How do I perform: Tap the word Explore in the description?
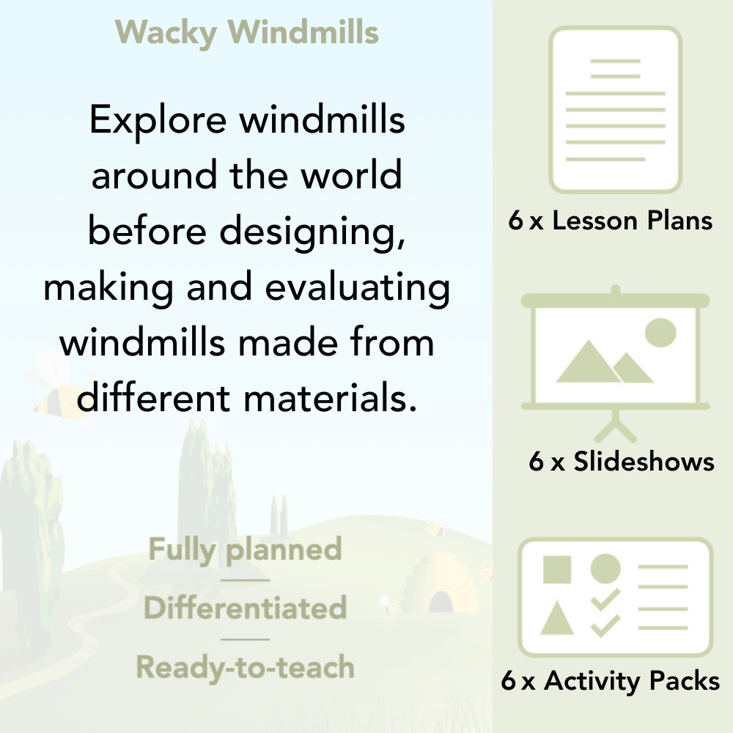(x=156, y=119)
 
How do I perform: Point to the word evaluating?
(x=358, y=287)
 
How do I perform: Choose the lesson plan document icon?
(x=616, y=110)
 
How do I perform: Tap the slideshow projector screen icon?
(x=616, y=352)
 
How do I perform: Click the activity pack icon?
(x=616, y=597)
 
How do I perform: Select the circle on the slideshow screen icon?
(x=660, y=332)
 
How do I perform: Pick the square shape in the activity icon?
(x=557, y=569)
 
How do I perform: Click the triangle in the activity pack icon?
(x=557, y=619)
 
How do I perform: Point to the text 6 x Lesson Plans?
(x=611, y=221)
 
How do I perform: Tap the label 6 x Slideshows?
(x=621, y=462)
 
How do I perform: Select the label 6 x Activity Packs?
(x=611, y=681)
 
